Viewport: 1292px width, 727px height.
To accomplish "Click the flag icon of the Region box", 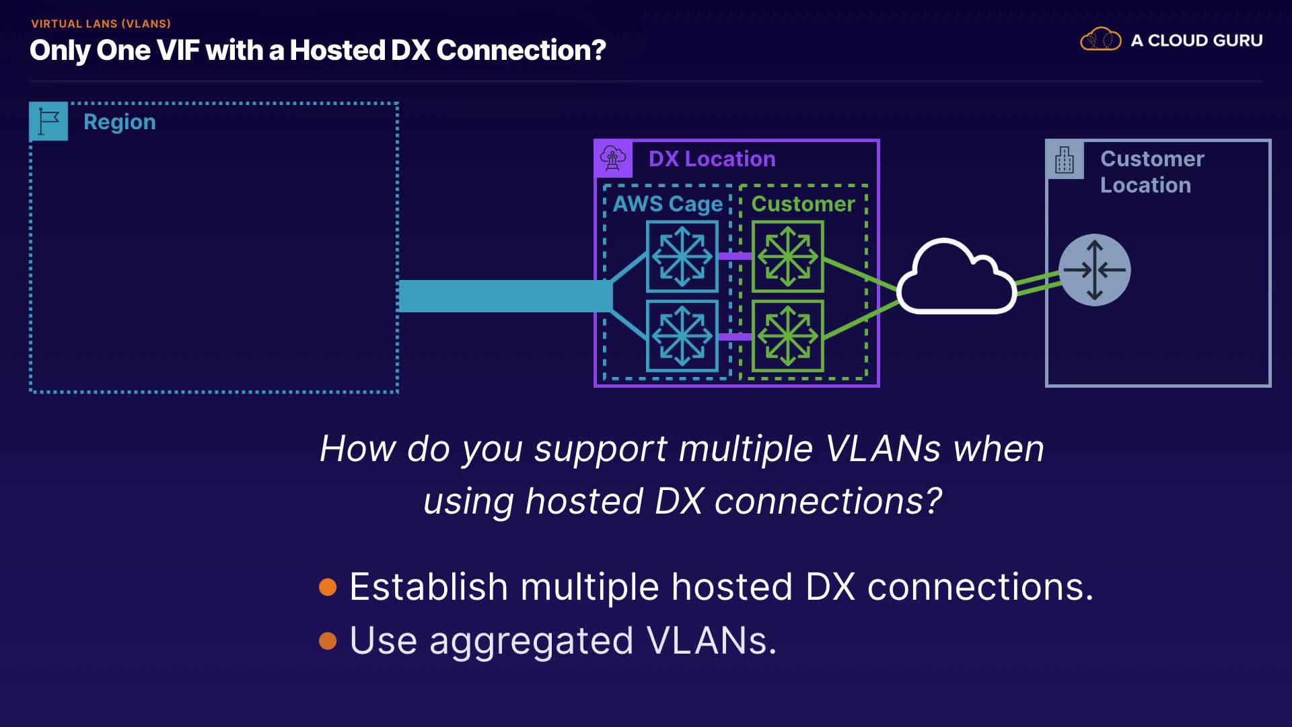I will [x=48, y=121].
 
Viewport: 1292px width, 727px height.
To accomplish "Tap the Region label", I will [x=120, y=122].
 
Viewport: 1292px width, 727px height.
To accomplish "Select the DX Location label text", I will [x=711, y=159].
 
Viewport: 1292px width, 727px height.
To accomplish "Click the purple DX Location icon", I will [x=613, y=159].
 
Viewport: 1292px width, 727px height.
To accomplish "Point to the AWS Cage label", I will [x=667, y=204].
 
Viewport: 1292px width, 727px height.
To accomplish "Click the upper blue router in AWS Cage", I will [x=682, y=256].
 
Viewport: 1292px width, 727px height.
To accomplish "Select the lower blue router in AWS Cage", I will [x=682, y=336].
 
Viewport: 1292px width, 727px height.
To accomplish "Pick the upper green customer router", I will [x=787, y=256].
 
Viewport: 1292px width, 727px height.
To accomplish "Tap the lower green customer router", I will [x=787, y=336].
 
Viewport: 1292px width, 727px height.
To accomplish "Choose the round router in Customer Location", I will [x=1094, y=270].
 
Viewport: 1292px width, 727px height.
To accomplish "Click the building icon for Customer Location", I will [x=1065, y=160].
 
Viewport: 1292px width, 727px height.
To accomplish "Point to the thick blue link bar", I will [x=505, y=296].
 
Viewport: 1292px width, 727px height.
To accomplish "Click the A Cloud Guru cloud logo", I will [x=1100, y=40].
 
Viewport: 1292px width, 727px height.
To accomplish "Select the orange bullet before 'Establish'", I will [x=328, y=587].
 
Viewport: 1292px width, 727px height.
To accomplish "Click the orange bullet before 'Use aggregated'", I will [x=328, y=641].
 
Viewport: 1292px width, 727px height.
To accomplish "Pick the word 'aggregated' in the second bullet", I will [x=531, y=641].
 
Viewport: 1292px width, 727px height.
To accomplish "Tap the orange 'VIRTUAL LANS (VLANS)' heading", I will [x=101, y=24].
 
